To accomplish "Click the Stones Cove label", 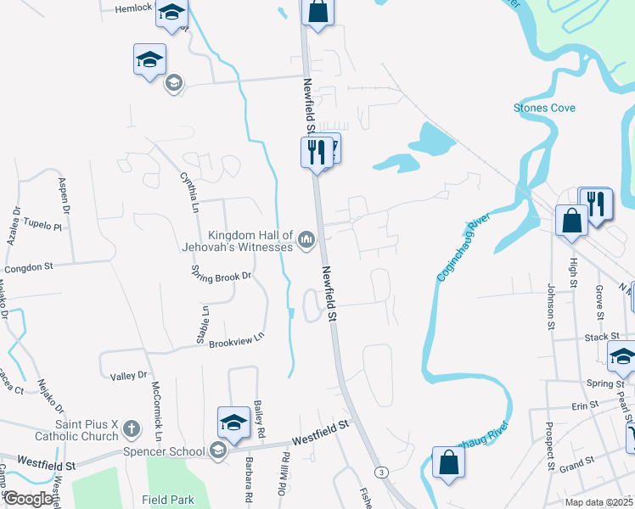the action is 544,108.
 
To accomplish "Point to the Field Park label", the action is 169,501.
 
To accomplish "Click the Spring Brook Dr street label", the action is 222,276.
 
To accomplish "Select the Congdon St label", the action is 29,266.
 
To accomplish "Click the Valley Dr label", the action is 129,374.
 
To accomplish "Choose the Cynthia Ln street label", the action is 188,191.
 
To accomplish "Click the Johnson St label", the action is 550,305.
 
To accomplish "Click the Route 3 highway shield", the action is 383,472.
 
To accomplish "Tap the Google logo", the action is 28,499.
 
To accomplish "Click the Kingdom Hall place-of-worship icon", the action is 306,242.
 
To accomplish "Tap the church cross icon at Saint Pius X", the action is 131,428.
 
